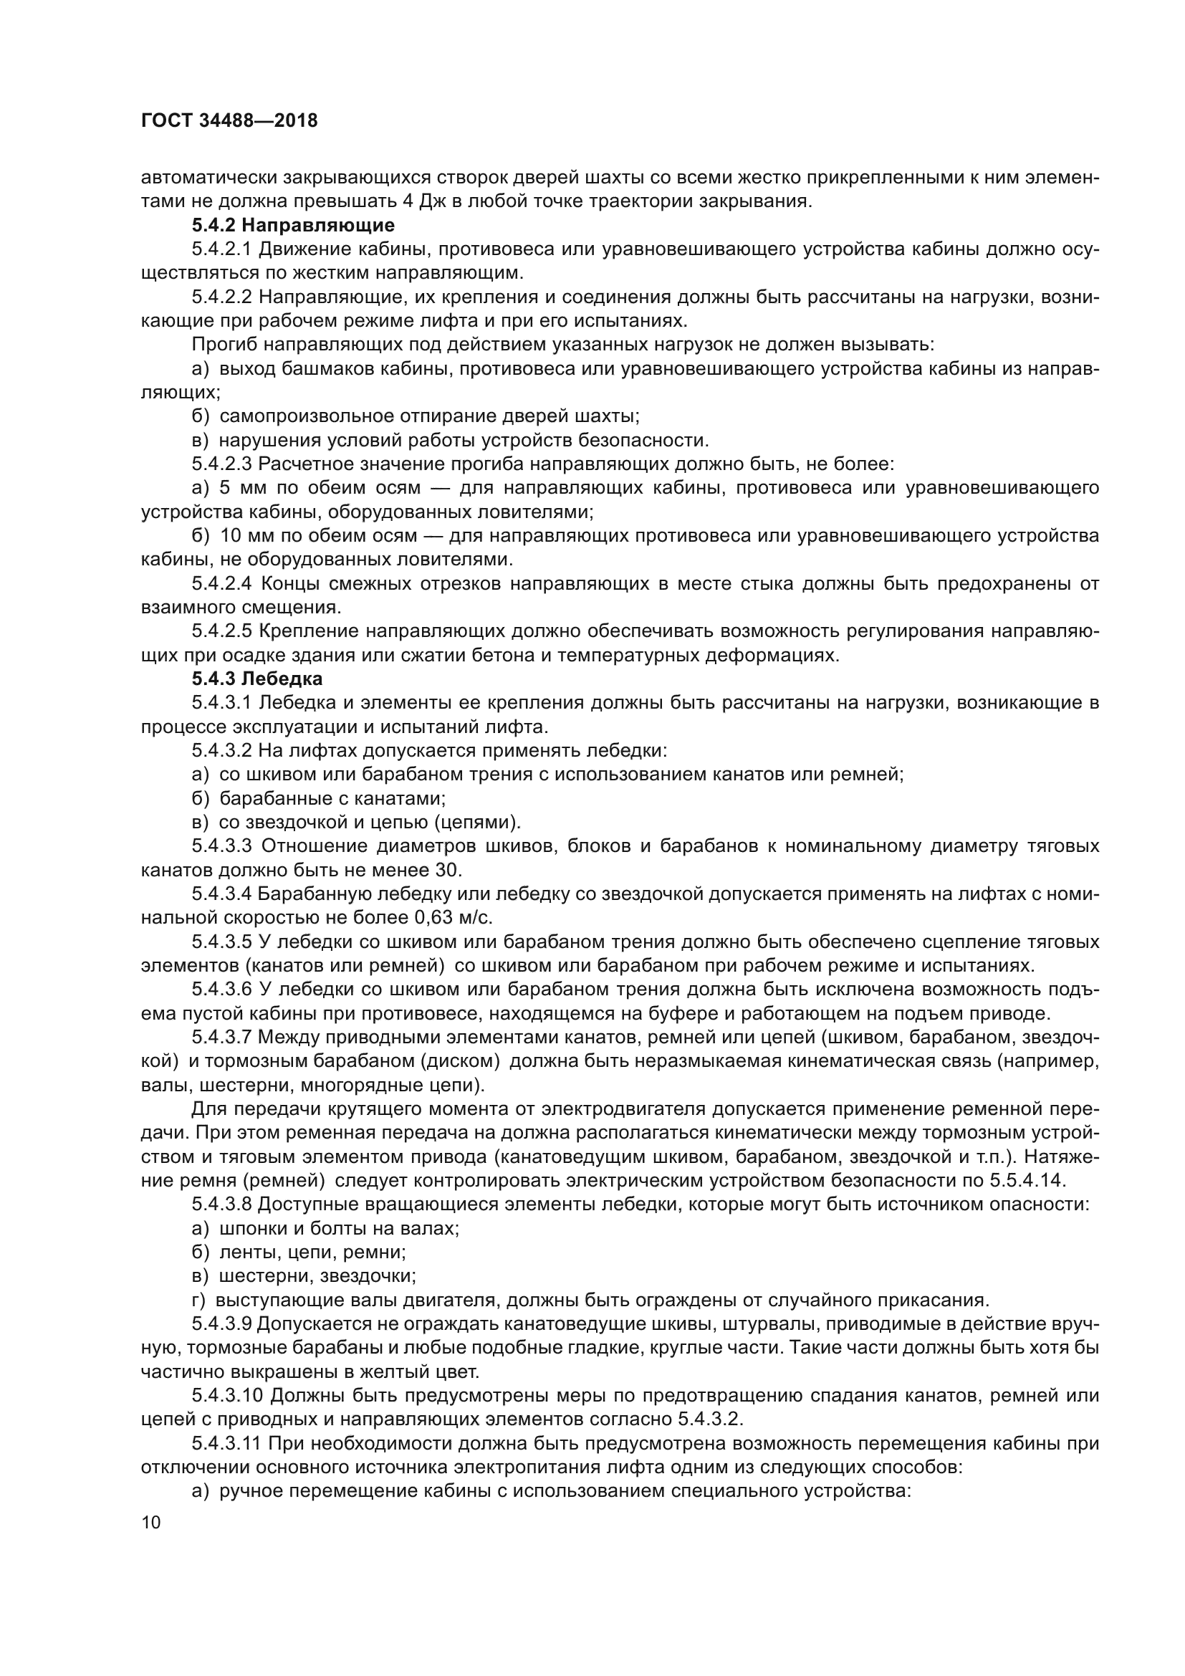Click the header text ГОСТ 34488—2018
coord(229,121)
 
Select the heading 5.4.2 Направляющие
coord(292,225)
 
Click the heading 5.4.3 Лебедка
coord(257,679)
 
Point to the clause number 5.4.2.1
coord(221,249)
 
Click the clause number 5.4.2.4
coord(222,583)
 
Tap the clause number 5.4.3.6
coord(222,989)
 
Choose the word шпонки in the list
coord(252,1228)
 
